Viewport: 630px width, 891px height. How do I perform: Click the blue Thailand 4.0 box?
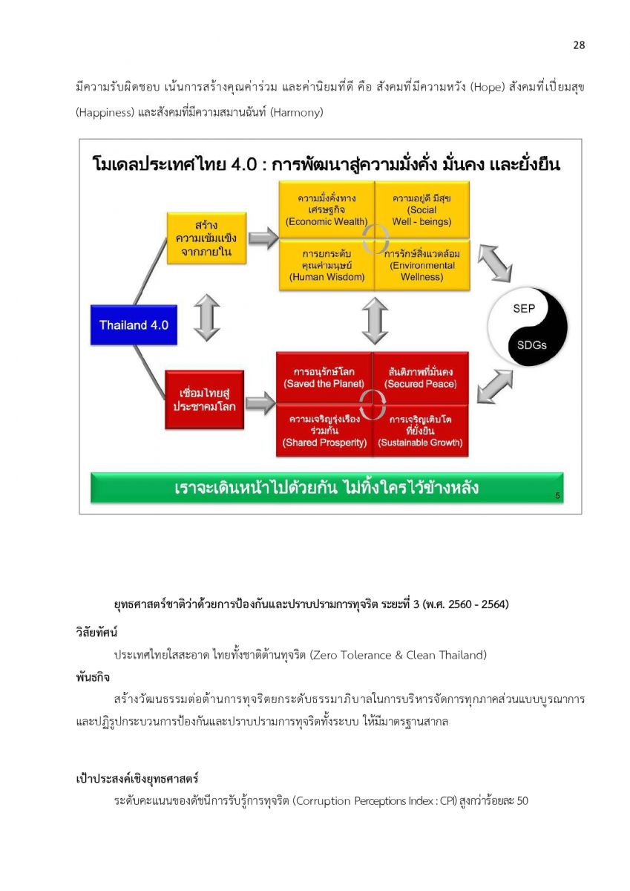coord(134,324)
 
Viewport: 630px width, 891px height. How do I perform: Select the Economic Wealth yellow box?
coord(327,209)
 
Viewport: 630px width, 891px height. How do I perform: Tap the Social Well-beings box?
coord(421,209)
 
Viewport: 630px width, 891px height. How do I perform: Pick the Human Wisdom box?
coord(327,265)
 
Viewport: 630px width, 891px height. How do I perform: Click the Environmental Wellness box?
coord(421,265)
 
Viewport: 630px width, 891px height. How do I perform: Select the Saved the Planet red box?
coord(324,378)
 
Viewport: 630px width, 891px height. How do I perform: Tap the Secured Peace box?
coord(420,378)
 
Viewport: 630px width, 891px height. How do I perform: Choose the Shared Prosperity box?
coord(324,431)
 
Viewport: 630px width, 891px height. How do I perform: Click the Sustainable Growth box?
coord(420,431)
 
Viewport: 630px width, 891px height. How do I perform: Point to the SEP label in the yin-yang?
coord(523,308)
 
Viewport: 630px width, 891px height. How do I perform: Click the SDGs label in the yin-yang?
coord(531,345)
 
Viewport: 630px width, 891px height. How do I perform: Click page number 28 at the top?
coord(579,45)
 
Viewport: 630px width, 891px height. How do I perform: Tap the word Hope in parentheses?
coord(488,88)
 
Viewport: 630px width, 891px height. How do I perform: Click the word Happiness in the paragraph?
coord(105,113)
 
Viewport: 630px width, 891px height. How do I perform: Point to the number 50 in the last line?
coord(522,800)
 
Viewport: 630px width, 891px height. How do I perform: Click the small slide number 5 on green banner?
coord(557,495)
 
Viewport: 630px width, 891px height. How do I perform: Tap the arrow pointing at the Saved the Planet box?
coord(260,402)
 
